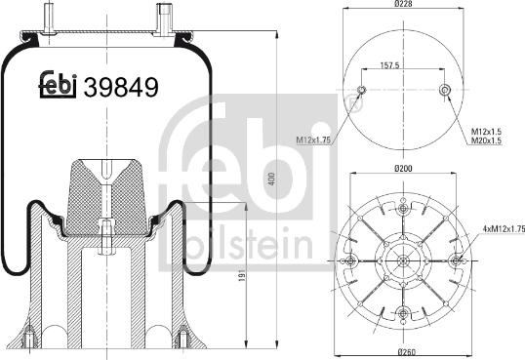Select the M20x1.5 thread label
click(x=487, y=140)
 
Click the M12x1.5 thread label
click(x=487, y=130)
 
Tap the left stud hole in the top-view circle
click(x=361, y=92)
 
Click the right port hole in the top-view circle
click(x=445, y=92)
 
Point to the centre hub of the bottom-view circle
click(x=403, y=259)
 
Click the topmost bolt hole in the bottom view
click(x=403, y=206)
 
